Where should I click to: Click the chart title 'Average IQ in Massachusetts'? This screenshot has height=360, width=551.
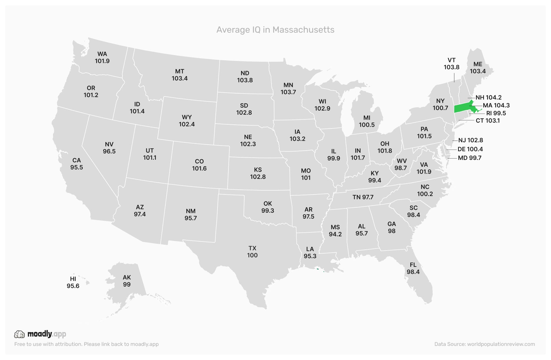pos(275,30)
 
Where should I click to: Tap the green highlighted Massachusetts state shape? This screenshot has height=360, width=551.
pos(462,108)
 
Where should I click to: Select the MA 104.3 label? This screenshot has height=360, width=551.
pos(496,105)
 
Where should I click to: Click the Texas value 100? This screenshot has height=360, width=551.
pos(252,255)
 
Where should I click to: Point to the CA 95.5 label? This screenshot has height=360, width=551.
pos(77,164)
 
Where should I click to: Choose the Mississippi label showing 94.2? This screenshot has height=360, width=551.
pos(335,231)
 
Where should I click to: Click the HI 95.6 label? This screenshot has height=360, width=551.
pos(73,282)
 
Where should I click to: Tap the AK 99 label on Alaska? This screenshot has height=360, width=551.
pos(127,281)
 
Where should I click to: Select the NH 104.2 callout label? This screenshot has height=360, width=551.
pos(488,97)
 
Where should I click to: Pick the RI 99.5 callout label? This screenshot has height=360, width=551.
pos(496,113)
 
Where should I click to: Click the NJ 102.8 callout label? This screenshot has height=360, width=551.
pos(470,140)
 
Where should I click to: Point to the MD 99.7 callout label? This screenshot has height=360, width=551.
pos(469,158)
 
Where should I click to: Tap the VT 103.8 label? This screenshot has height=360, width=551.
pos(452,64)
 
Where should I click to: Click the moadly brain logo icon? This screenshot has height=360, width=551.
pos(19,334)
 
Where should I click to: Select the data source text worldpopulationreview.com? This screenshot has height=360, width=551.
pos(484,344)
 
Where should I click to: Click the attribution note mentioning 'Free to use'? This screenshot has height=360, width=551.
pos(86,344)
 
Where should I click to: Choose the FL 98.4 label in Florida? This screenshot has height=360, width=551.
pos(413,268)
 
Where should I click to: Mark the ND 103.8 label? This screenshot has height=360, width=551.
pos(245,76)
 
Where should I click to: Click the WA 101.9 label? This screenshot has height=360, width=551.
pos(102,57)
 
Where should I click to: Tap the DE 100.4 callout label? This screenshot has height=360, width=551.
pos(470,149)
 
